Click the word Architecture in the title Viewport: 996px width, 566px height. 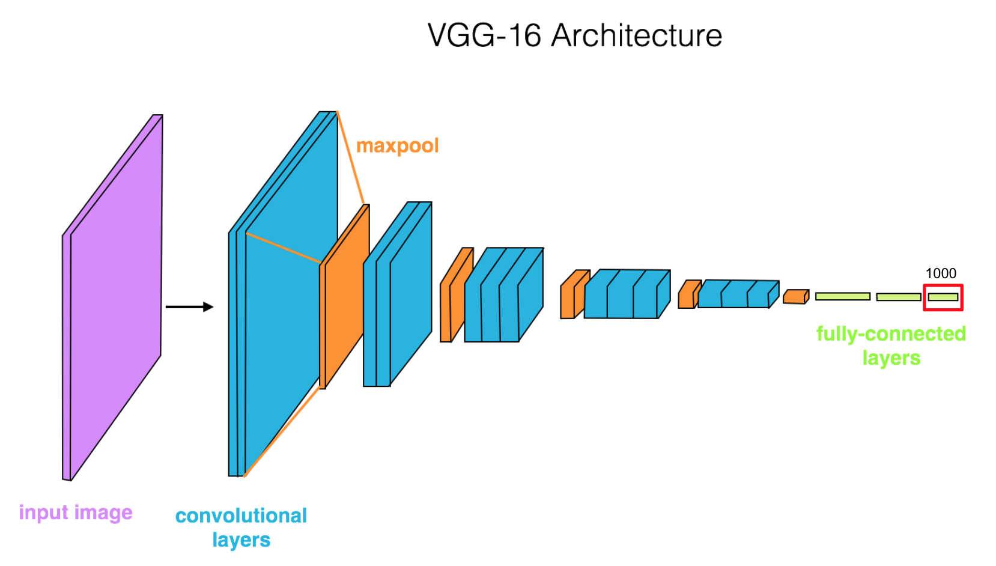(x=636, y=35)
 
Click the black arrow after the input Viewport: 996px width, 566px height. (x=189, y=307)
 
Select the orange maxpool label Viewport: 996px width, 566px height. (x=397, y=146)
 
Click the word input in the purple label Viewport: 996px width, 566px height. (x=43, y=513)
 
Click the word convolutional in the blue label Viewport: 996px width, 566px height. (x=241, y=516)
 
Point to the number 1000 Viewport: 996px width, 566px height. (x=941, y=273)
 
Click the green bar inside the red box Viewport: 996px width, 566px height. (x=943, y=297)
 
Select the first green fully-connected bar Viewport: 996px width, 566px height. (x=842, y=296)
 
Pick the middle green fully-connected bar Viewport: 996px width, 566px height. (x=898, y=297)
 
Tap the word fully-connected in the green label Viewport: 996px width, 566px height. (x=890, y=333)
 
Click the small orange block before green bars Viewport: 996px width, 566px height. (x=795, y=297)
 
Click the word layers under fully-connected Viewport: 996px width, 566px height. (x=891, y=358)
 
